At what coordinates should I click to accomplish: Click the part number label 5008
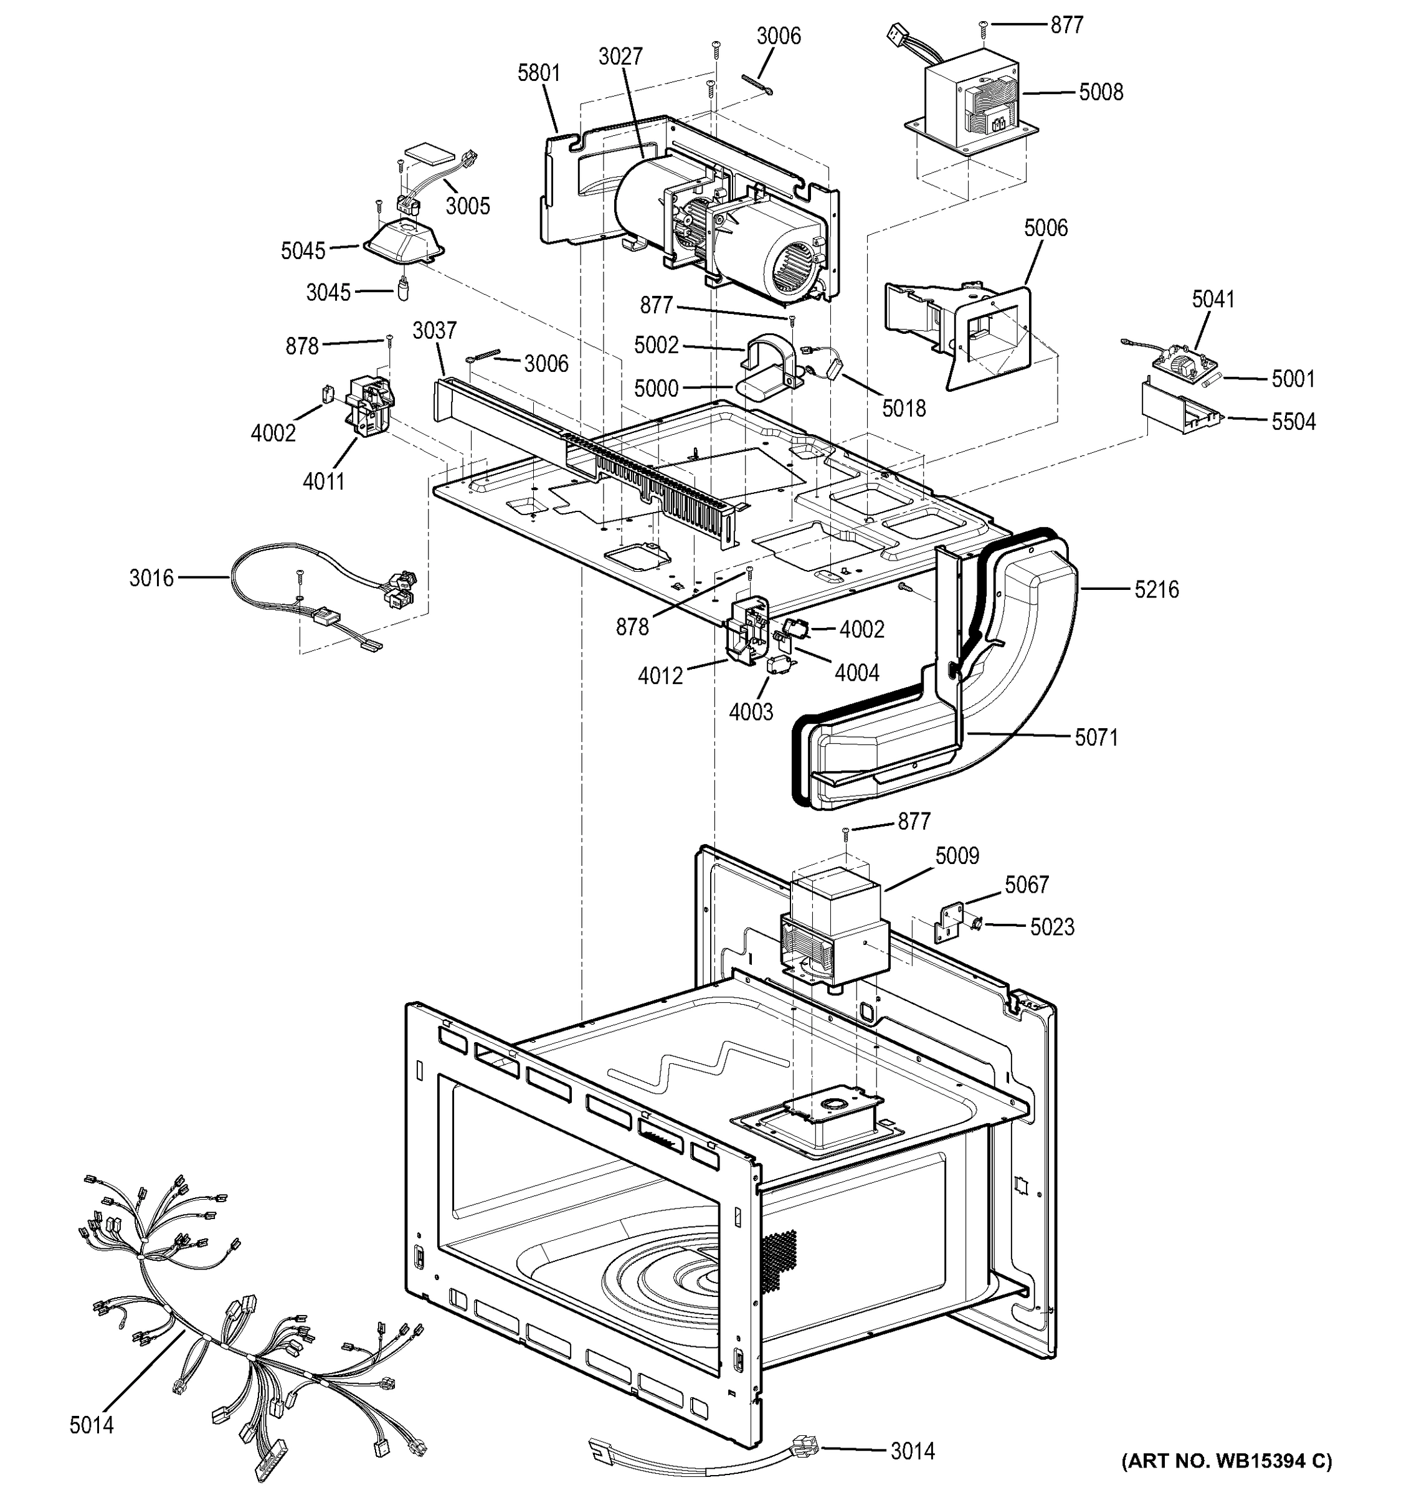1101,92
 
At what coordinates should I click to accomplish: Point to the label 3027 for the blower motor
620,57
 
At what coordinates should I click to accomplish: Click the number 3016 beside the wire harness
151,577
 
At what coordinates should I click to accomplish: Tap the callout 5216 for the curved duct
1157,589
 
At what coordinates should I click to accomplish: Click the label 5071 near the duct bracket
1096,737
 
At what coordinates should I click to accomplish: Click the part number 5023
1052,928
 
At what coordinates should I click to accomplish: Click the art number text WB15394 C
1226,1461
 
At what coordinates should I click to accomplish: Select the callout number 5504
1294,422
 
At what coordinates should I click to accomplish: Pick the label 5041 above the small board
1213,299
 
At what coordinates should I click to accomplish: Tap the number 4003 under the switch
751,711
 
